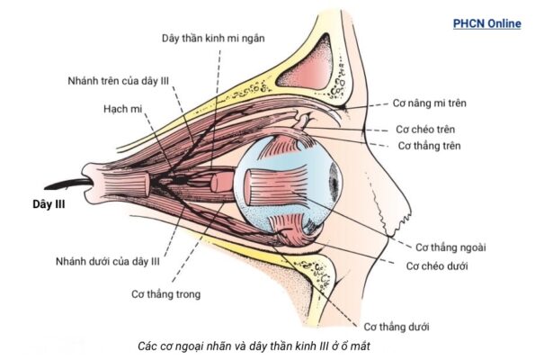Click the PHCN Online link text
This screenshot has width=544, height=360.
486,24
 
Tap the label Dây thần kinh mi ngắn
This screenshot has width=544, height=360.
212,38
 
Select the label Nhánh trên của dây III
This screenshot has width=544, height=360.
118,80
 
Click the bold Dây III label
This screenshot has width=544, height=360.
47,203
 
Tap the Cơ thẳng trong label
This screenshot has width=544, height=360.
166,293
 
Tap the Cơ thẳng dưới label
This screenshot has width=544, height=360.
399,326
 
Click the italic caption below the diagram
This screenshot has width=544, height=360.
254,346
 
